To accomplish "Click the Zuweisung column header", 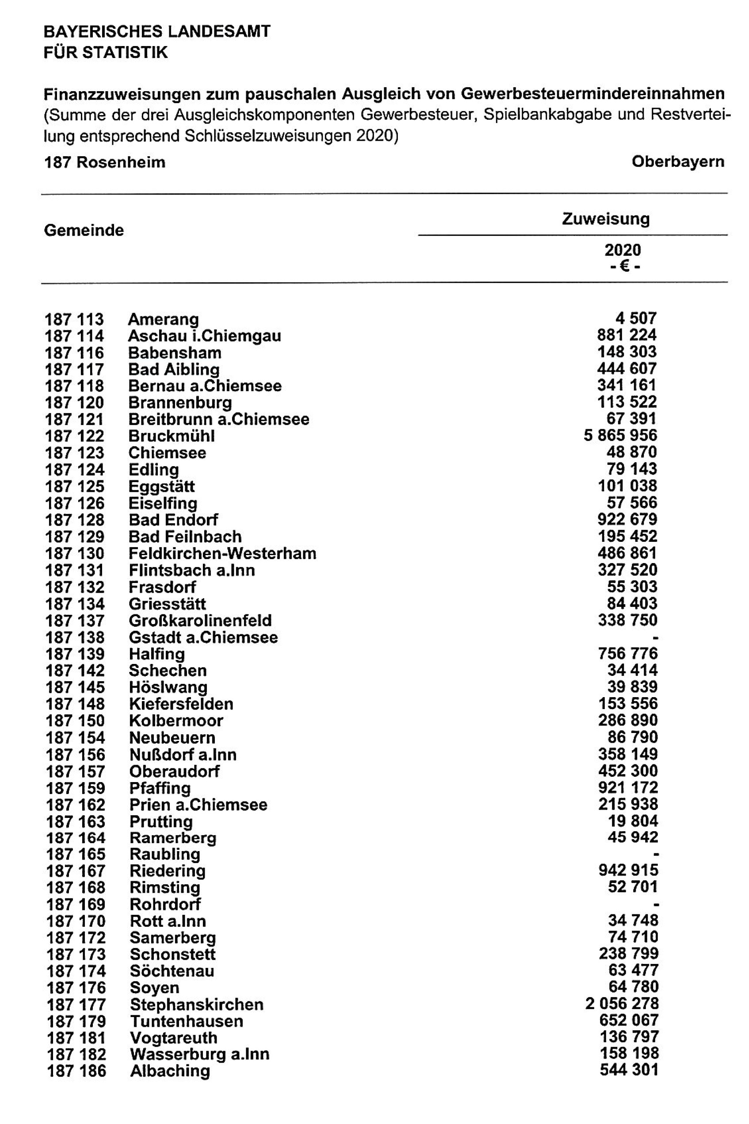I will point(606,219).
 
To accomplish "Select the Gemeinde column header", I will point(84,230).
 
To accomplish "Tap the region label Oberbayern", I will point(678,161).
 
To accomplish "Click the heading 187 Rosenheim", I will point(105,162).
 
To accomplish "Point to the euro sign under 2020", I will point(623,266).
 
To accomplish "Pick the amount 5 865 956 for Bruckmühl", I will point(620,435).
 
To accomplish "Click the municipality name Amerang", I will point(163,319).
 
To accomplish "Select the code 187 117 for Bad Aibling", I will point(75,369).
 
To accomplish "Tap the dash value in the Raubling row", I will point(656,854).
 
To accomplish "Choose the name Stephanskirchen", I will point(196,1005).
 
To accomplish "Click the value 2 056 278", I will point(622,1004).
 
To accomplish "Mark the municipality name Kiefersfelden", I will point(180,704).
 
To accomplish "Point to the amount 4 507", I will point(636,318).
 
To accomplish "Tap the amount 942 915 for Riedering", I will point(628,870).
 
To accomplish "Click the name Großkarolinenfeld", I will point(200,621).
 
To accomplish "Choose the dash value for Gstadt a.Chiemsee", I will point(656,637).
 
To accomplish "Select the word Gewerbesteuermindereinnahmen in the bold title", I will point(592,94).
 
